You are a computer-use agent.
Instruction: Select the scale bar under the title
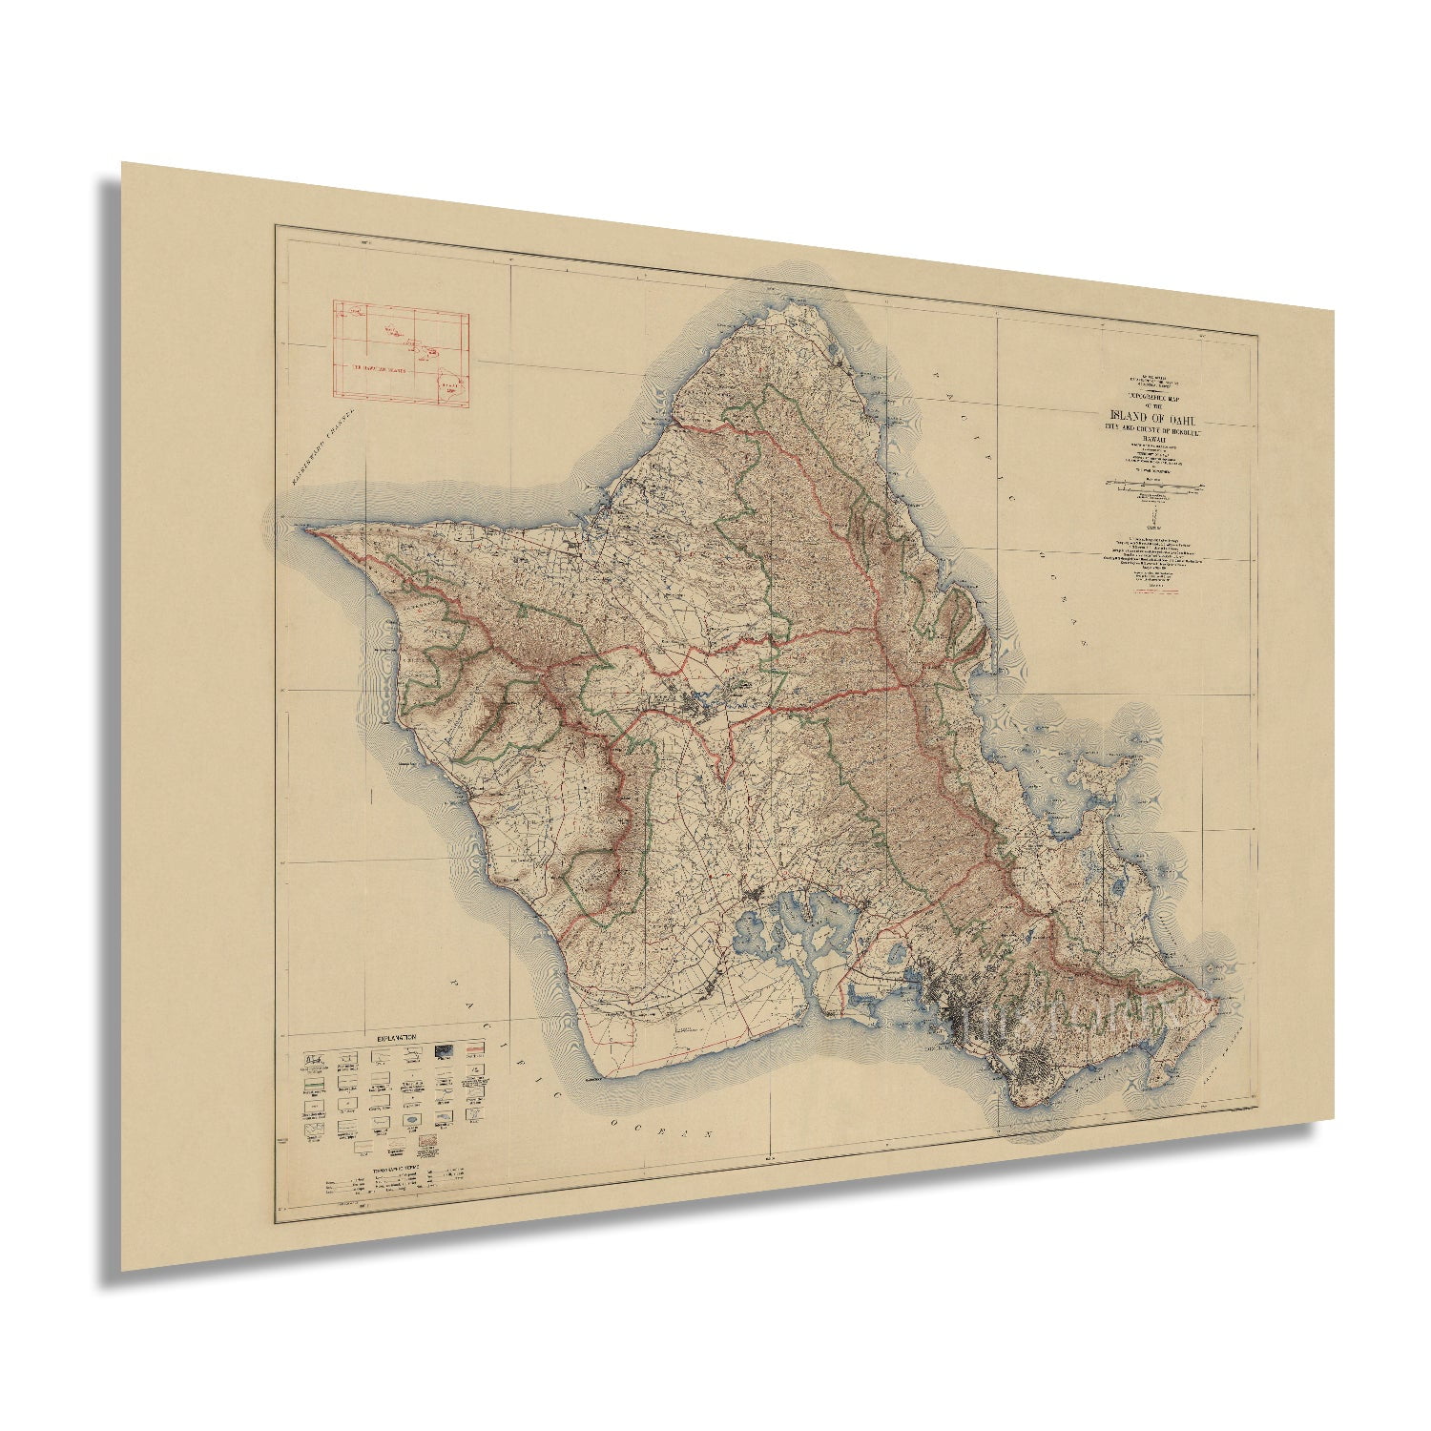(1155, 487)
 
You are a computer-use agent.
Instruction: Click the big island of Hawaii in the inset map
(445, 384)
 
